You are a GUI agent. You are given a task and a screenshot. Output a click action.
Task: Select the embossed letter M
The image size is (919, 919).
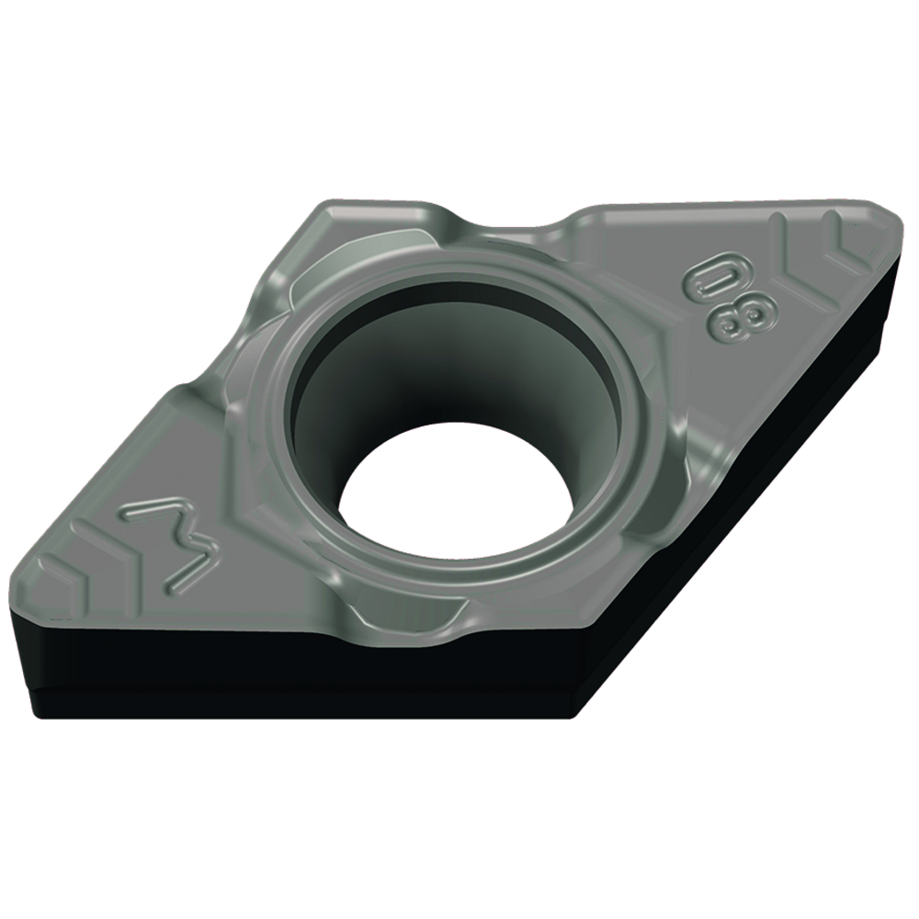[x=173, y=544]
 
